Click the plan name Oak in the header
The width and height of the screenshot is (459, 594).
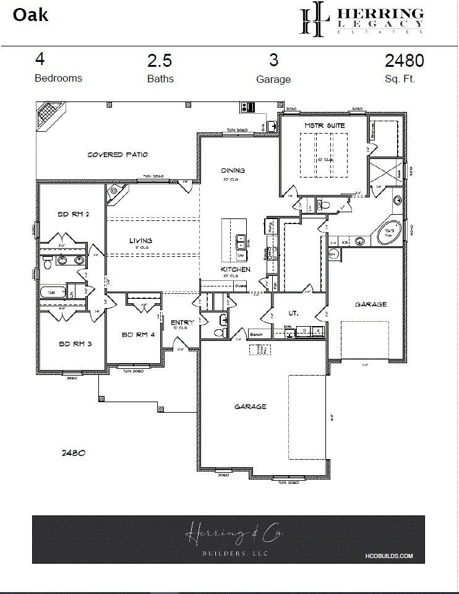point(30,15)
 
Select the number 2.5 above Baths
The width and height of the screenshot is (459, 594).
point(160,61)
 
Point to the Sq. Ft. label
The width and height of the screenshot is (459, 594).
point(400,79)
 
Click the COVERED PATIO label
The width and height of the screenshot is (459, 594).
point(117,155)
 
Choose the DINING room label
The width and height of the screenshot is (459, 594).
point(233,171)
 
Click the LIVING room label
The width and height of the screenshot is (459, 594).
point(140,241)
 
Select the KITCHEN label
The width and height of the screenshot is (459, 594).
point(236,270)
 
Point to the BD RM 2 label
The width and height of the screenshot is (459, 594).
point(74,214)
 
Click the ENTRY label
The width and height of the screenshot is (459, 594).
point(182,322)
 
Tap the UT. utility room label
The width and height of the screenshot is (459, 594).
point(294,314)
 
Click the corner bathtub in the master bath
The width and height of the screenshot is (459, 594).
point(390,233)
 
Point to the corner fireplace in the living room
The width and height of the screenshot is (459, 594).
point(114,194)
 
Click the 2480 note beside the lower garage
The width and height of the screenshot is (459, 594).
point(73,452)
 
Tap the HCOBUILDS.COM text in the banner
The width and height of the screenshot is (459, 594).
point(393,556)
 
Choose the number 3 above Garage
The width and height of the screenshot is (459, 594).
point(273,60)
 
